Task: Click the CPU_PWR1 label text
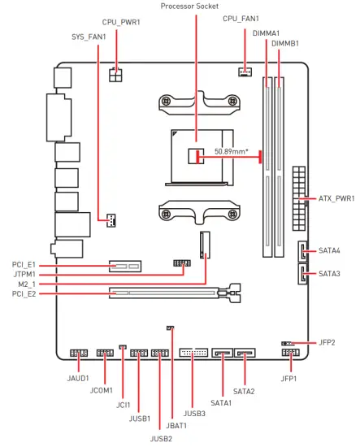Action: pyautogui.click(x=121, y=22)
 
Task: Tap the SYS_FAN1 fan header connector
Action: pyautogui.click(x=111, y=220)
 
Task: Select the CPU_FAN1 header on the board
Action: pyautogui.click(x=245, y=72)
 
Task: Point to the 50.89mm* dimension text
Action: pyautogui.click(x=231, y=151)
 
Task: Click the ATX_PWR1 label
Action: pyautogui.click(x=336, y=198)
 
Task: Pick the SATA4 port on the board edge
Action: pyautogui.click(x=302, y=251)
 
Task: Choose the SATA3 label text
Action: pyautogui.click(x=329, y=274)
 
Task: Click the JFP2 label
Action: pyautogui.click(x=327, y=342)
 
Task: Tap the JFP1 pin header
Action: pyautogui.click(x=291, y=353)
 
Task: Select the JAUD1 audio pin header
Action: pyautogui.click(x=79, y=354)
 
